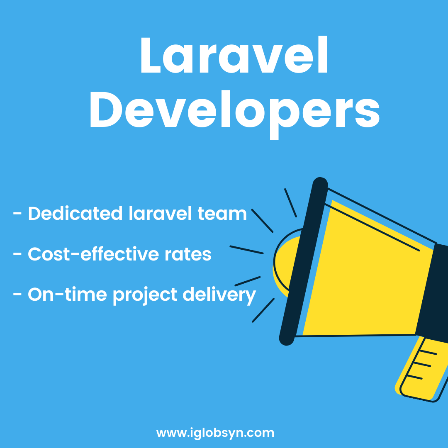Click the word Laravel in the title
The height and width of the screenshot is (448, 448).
click(234, 54)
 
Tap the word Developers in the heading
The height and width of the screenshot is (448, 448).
click(235, 115)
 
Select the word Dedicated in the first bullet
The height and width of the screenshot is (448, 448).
click(75, 214)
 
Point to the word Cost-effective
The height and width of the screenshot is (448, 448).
click(93, 254)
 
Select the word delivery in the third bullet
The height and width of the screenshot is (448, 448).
click(219, 295)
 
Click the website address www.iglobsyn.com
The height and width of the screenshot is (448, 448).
click(215, 433)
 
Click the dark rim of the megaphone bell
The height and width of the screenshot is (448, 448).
click(303, 261)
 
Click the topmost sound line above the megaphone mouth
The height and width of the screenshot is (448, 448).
click(290, 203)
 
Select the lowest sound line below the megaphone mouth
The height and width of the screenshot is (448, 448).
click(263, 310)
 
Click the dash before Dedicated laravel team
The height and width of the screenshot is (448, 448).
click(17, 213)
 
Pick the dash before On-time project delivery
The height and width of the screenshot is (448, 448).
click(17, 294)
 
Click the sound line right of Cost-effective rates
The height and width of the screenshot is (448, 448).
click(246, 249)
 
